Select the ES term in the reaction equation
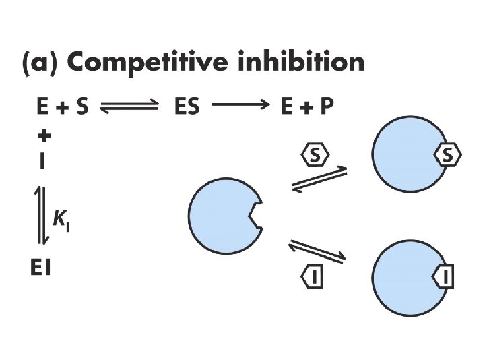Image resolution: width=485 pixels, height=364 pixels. (x=187, y=107)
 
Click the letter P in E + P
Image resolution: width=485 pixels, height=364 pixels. (x=325, y=107)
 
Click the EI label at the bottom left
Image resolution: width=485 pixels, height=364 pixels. (x=42, y=269)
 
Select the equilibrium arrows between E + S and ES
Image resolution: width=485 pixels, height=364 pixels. (x=128, y=107)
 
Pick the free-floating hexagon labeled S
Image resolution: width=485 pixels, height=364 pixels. (x=315, y=156)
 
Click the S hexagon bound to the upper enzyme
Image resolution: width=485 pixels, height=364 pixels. (x=448, y=156)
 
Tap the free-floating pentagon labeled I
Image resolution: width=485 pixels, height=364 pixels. (x=313, y=276)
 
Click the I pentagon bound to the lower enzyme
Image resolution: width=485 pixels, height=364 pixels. (x=445, y=276)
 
